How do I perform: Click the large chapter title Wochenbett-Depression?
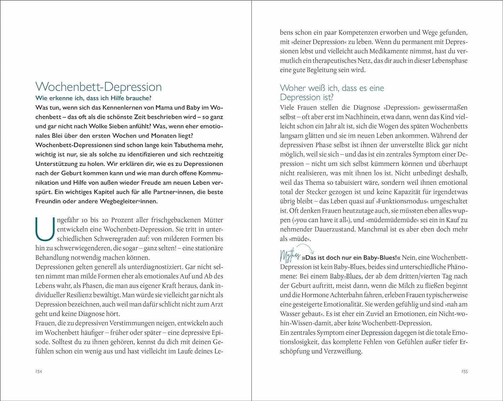point(99,87)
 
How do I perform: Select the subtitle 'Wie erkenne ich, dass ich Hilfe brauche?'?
point(94,98)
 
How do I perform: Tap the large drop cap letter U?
point(45,229)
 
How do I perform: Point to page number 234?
point(39,371)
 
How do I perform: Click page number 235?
point(464,371)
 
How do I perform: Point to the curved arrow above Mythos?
point(306,249)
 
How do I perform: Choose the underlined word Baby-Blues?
point(345,276)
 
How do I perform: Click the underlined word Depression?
point(376,333)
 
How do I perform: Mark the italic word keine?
point(354,323)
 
